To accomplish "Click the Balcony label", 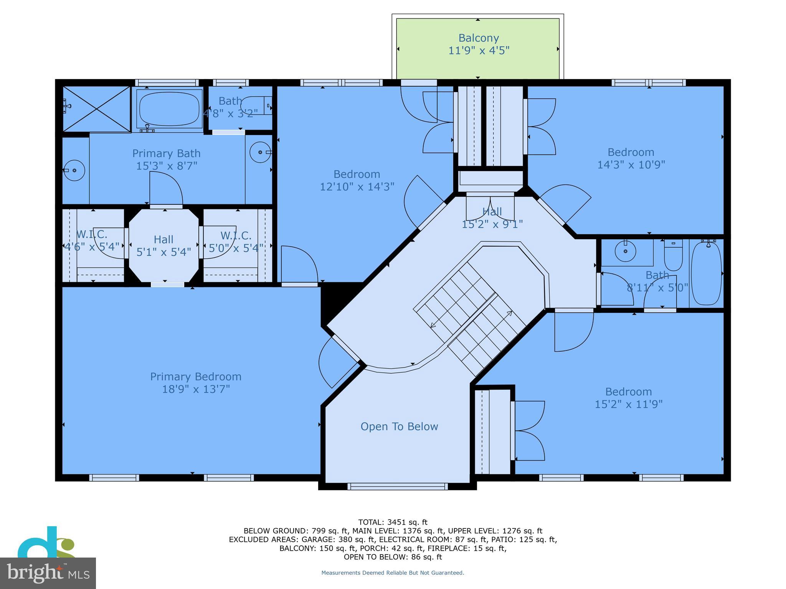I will [479, 38].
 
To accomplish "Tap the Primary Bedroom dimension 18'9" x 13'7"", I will [196, 389].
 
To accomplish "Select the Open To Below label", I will [399, 426].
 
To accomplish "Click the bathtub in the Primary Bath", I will [169, 108].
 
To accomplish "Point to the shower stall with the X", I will [97, 109].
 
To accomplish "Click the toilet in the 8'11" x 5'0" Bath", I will [673, 254].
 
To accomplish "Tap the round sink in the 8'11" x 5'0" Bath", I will [625, 252].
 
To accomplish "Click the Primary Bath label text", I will [166, 153].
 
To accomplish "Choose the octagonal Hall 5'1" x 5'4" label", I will [163, 245].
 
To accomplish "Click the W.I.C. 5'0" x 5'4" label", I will [236, 242].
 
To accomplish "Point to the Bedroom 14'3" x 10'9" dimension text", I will [631, 165].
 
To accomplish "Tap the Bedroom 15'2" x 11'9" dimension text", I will [628, 404].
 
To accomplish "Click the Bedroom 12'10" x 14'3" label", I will [357, 180].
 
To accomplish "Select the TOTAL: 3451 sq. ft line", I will [393, 522].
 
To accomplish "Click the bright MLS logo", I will [48, 573].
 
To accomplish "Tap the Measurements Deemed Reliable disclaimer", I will [393, 573].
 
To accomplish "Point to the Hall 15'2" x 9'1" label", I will [492, 217].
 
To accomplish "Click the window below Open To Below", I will [397, 486].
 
